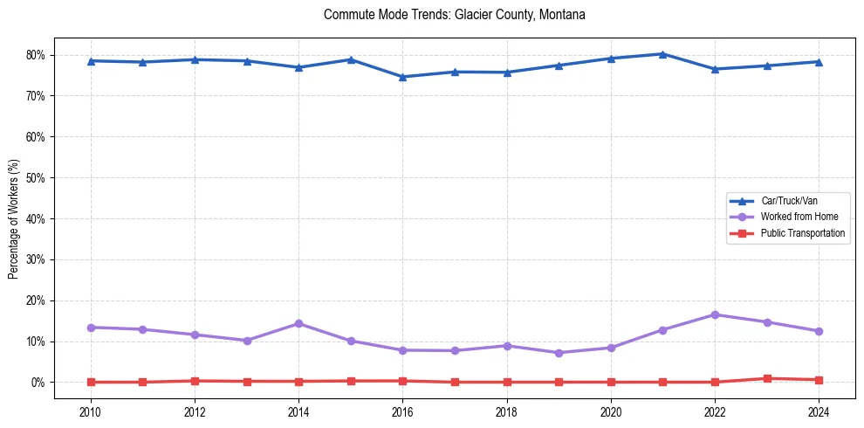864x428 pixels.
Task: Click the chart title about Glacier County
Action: pos(454,15)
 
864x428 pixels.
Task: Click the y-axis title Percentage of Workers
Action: pos(13,218)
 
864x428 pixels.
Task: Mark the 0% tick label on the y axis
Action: pos(43,383)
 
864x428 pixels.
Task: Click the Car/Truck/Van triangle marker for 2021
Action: pos(662,54)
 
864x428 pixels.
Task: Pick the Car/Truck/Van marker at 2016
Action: pos(402,77)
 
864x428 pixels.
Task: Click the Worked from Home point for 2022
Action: pos(715,314)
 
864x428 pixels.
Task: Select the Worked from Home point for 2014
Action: pos(298,323)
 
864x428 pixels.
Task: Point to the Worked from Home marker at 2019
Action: pos(559,353)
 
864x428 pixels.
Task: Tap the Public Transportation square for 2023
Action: pos(767,378)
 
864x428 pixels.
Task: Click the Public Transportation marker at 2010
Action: pos(90,382)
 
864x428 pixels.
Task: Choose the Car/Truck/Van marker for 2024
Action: pos(819,62)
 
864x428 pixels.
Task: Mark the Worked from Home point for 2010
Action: pos(90,328)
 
